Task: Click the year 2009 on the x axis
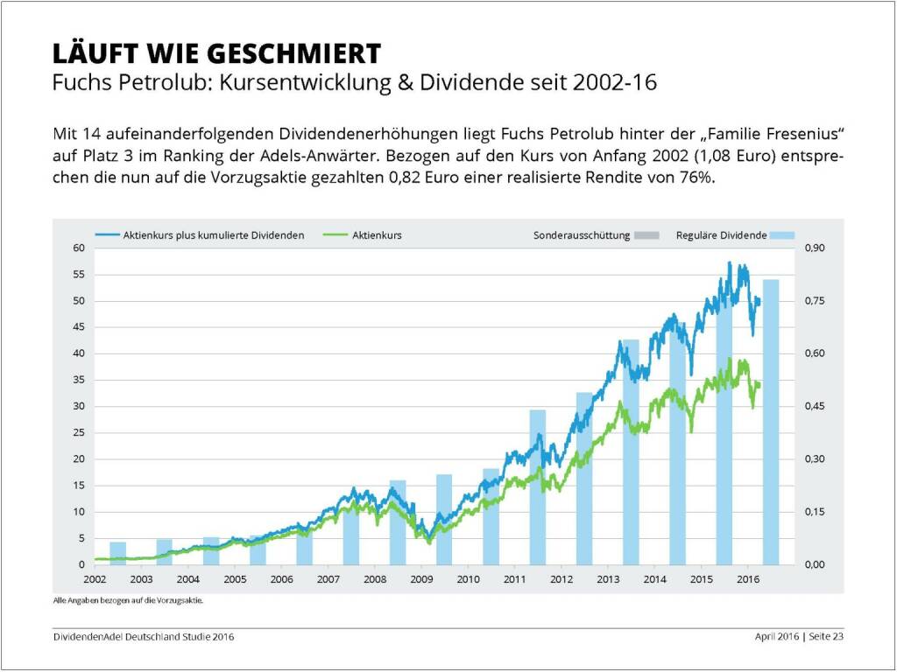[x=421, y=579]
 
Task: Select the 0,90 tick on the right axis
[x=816, y=248]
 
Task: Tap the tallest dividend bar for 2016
[x=771, y=420]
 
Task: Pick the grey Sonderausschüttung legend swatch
[x=646, y=235]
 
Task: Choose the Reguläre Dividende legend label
[x=722, y=235]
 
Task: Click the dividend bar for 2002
[x=117, y=554]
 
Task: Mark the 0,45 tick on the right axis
[x=816, y=407]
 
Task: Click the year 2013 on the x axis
[x=608, y=579]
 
